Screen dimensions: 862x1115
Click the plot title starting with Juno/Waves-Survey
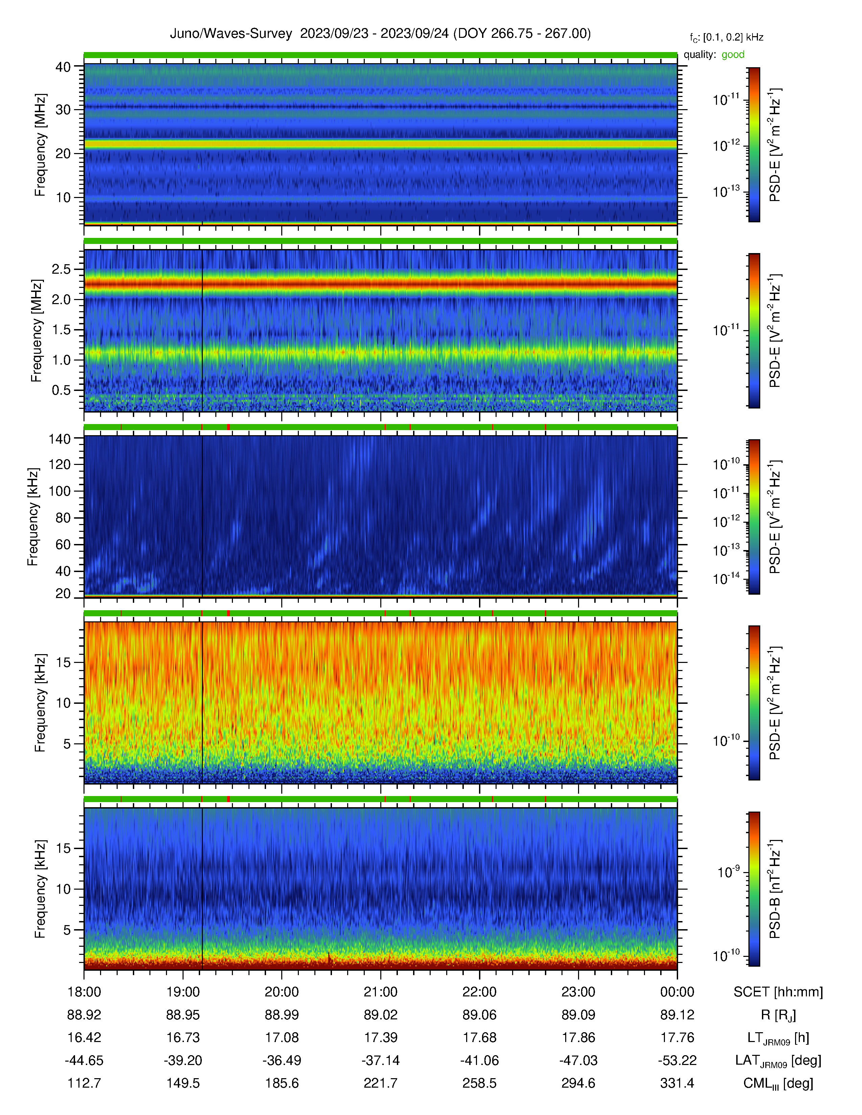click(x=380, y=34)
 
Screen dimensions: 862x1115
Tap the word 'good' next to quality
click(x=733, y=55)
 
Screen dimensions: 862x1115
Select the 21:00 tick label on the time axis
click(x=380, y=992)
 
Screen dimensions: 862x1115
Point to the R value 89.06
click(x=480, y=1015)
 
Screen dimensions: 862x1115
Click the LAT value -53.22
click(x=677, y=1060)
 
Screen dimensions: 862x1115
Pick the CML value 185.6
click(x=282, y=1083)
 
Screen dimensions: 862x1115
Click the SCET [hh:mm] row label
click(x=778, y=992)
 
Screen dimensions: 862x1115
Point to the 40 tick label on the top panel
click(x=63, y=67)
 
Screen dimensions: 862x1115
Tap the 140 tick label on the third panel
click(x=59, y=439)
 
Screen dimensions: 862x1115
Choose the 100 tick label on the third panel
click(x=59, y=491)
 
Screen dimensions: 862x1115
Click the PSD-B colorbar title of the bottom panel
click(x=775, y=889)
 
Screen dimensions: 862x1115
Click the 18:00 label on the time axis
click(x=84, y=992)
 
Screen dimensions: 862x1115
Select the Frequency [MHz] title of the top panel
click(x=40, y=145)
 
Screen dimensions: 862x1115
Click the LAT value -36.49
click(x=282, y=1060)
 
